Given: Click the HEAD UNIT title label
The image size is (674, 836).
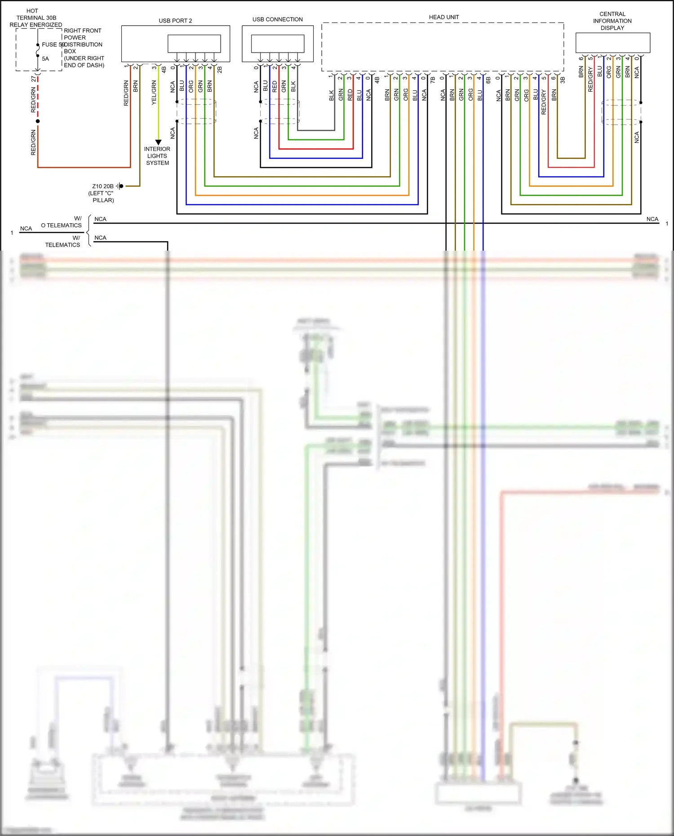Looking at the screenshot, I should point(443,17).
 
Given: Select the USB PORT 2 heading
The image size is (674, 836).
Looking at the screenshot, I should point(175,21).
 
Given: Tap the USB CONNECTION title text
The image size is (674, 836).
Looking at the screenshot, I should point(277,19).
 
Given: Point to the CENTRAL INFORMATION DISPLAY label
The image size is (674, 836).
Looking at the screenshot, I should point(612,21).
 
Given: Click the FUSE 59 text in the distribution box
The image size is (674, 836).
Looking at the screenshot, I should point(53,44).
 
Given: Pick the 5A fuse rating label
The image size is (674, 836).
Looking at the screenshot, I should point(45,59).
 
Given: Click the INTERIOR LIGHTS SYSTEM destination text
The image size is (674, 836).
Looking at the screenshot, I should point(157,156).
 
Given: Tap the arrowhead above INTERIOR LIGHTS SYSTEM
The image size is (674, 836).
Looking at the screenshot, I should point(158,142).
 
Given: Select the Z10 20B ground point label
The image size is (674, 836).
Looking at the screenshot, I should point(103,186).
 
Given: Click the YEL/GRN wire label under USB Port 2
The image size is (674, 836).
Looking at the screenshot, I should point(154,93).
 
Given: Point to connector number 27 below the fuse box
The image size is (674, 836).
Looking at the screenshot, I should point(34,79).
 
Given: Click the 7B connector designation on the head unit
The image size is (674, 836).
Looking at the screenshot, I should point(433,80).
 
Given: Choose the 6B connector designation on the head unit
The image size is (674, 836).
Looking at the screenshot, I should point(488,80).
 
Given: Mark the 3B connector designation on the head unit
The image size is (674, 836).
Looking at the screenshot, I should point(563,80).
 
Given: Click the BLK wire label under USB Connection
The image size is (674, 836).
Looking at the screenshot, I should point(293,86).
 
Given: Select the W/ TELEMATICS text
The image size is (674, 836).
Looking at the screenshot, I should point(63,241).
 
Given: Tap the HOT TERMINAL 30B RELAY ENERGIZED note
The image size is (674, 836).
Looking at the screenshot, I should point(35,18).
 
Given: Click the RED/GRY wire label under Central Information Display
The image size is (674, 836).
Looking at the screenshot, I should point(590,80).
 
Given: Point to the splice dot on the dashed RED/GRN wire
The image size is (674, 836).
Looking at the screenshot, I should point(38,121).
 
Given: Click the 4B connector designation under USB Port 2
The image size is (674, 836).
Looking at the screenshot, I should point(164,70).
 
